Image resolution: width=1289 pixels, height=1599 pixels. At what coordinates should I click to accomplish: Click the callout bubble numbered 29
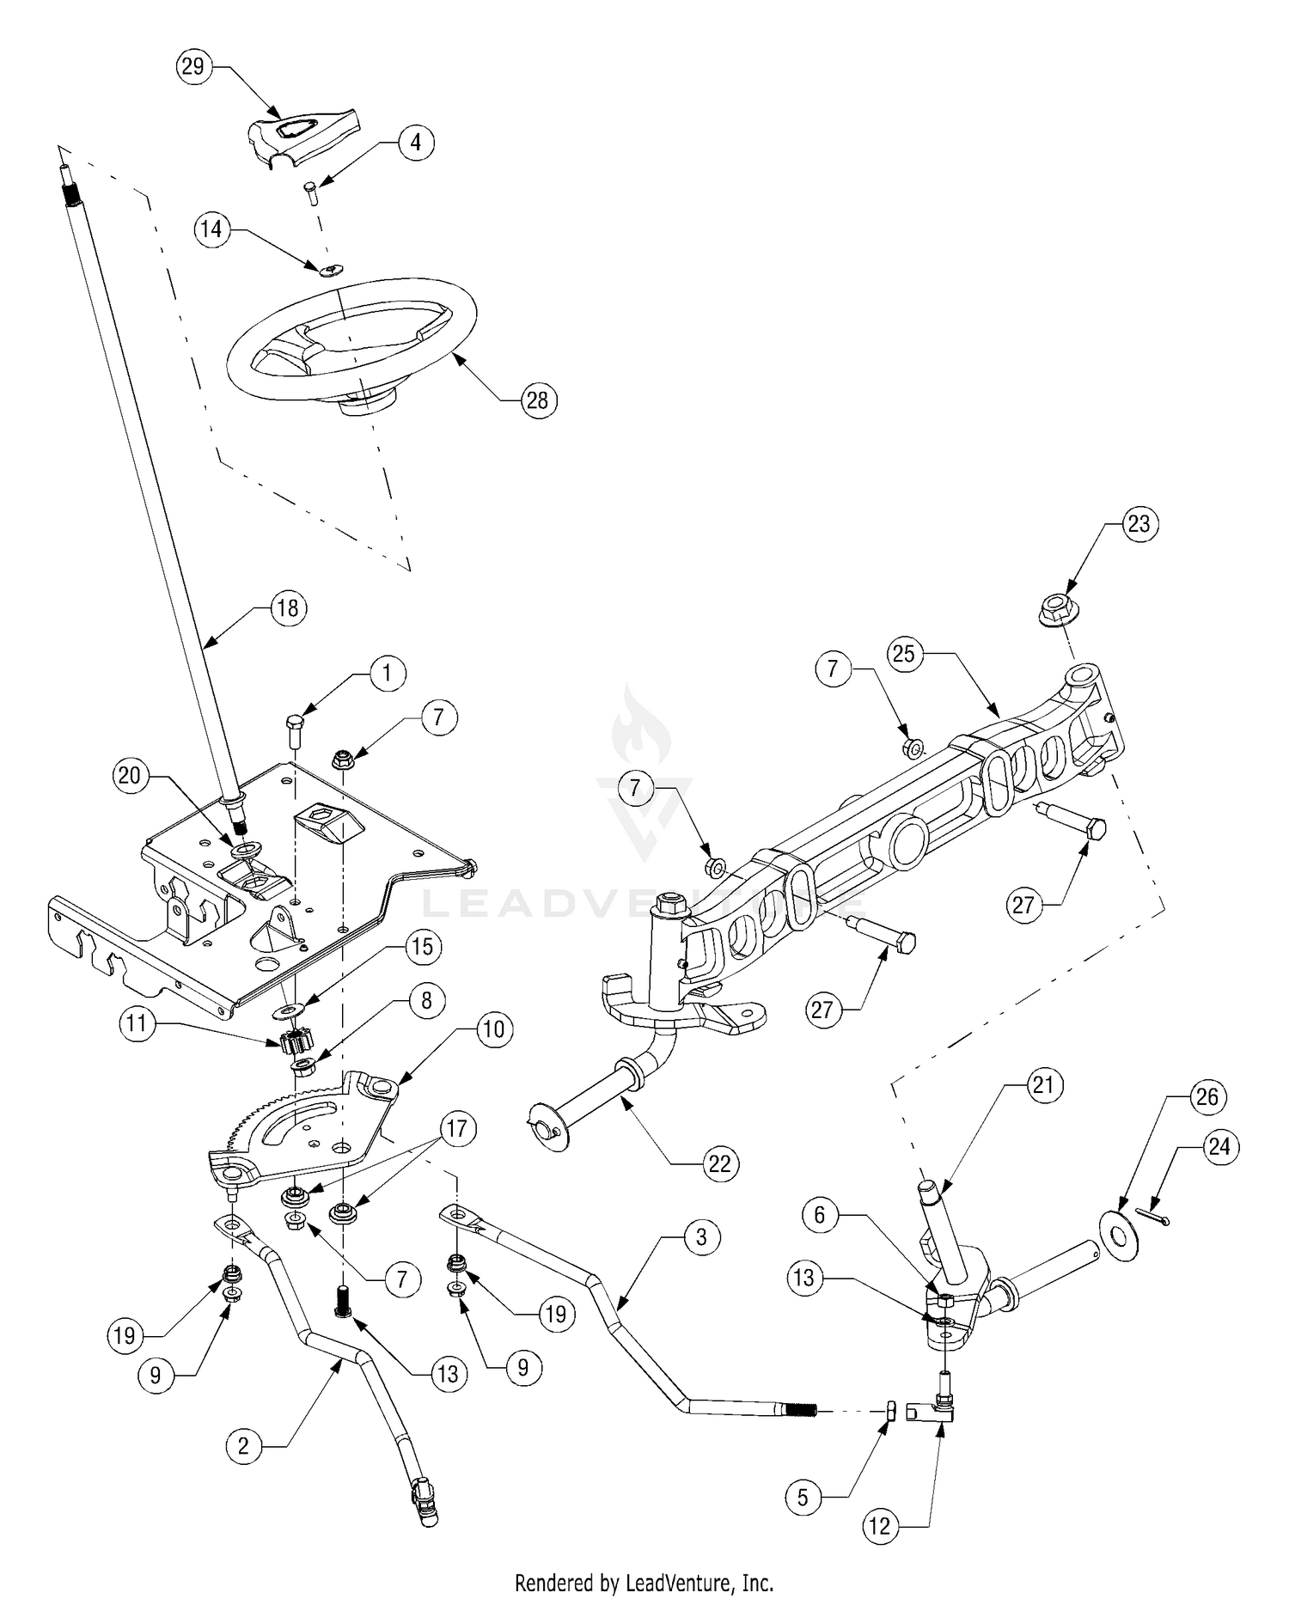coord(193,66)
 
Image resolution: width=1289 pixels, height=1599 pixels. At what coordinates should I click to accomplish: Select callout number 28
coord(538,400)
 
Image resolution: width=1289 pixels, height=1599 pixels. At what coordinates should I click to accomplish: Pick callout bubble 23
coord(1139,523)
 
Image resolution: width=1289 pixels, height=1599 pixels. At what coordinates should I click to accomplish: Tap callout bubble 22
coord(719,1163)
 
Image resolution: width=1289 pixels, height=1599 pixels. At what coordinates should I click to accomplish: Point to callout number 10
coord(494,1028)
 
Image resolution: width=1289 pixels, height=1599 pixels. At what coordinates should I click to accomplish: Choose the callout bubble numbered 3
coord(702,1236)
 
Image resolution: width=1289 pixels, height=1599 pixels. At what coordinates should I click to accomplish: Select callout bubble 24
coord(1220,1146)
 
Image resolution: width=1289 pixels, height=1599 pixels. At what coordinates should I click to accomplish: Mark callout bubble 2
coord(244,1445)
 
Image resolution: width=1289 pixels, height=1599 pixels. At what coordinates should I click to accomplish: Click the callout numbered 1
coord(387,673)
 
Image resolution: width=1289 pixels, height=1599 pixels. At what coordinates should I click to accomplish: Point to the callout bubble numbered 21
coord(1042,1085)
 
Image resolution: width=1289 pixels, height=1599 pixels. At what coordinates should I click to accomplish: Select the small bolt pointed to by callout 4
coord(312,192)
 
